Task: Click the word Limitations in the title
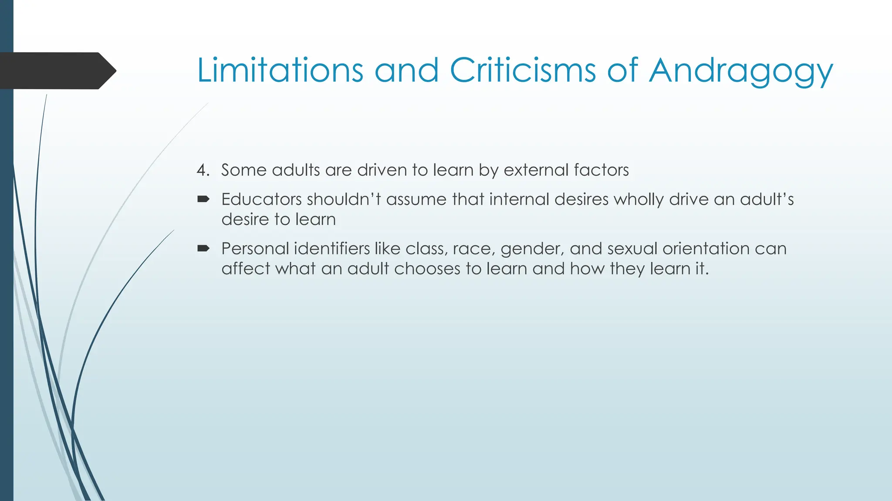point(280,70)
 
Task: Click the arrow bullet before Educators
point(203,200)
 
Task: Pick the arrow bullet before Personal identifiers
point(203,249)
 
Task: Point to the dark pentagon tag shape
point(57,71)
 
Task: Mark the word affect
point(246,269)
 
